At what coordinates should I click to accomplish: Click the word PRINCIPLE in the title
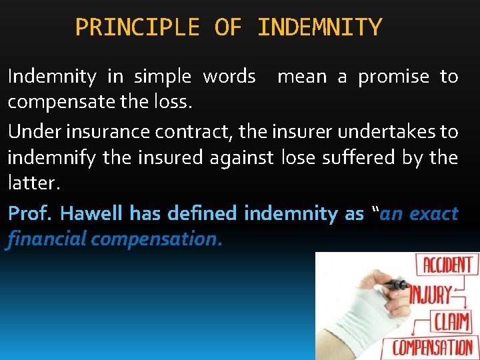[x=137, y=28]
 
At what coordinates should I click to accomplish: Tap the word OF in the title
[x=228, y=28]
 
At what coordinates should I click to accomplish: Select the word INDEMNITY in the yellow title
[x=319, y=28]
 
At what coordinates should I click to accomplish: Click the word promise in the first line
[x=393, y=77]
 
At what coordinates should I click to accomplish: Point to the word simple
[x=163, y=77]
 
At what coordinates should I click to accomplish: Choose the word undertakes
[x=386, y=131]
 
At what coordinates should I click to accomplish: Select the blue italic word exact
[x=434, y=213]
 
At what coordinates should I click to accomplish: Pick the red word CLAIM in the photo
[x=452, y=321]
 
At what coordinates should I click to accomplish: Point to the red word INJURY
[x=430, y=294]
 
